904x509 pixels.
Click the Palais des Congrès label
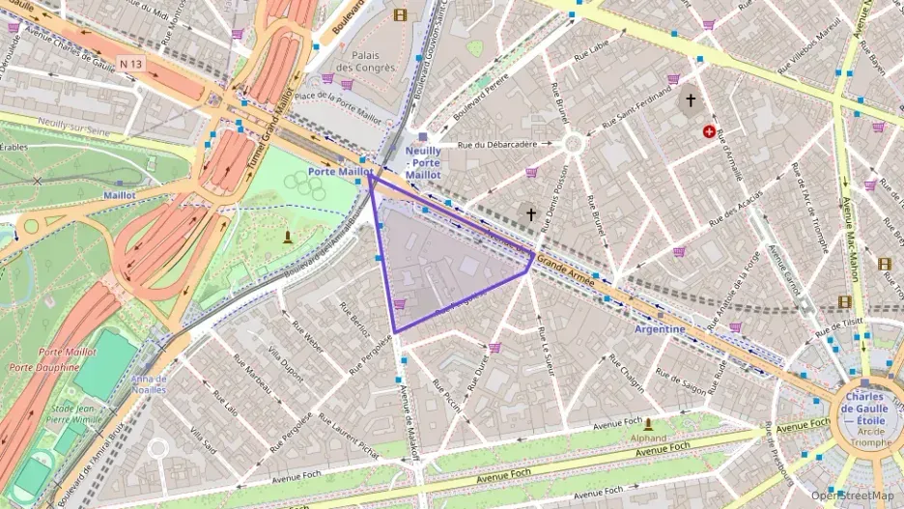(372, 61)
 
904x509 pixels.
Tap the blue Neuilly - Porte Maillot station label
(423, 163)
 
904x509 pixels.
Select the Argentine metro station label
(660, 329)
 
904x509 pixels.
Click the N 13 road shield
(131, 64)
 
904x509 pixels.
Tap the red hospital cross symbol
(710, 131)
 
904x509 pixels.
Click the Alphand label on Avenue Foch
(648, 437)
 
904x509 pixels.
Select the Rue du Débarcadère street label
(496, 145)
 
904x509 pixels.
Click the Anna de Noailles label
(149, 384)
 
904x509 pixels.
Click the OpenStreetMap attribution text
(852, 495)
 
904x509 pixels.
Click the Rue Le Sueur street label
(548, 349)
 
